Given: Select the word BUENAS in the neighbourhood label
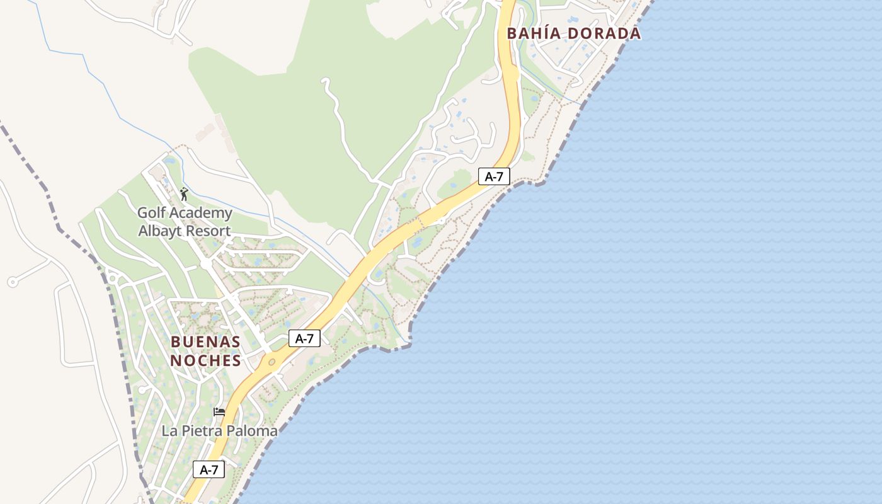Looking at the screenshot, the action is [205, 342].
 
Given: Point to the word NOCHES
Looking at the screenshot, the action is [205, 360].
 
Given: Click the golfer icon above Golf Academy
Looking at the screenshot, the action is [184, 194].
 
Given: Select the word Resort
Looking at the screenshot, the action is [208, 231].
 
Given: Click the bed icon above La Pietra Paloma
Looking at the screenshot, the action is [219, 412].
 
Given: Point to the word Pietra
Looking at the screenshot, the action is [200, 431].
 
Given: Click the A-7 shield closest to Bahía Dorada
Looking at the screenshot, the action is [494, 176].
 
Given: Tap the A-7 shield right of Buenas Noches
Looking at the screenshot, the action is [305, 338].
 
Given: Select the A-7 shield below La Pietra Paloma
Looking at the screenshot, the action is [209, 469].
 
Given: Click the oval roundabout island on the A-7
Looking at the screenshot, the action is [272, 362].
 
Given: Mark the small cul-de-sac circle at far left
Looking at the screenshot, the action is [12, 282].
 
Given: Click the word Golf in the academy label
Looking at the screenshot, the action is [151, 213].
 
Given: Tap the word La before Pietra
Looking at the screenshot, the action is [169, 431].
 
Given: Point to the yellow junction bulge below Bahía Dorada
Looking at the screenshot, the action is [513, 74].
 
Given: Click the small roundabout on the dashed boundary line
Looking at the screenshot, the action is [113, 277].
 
